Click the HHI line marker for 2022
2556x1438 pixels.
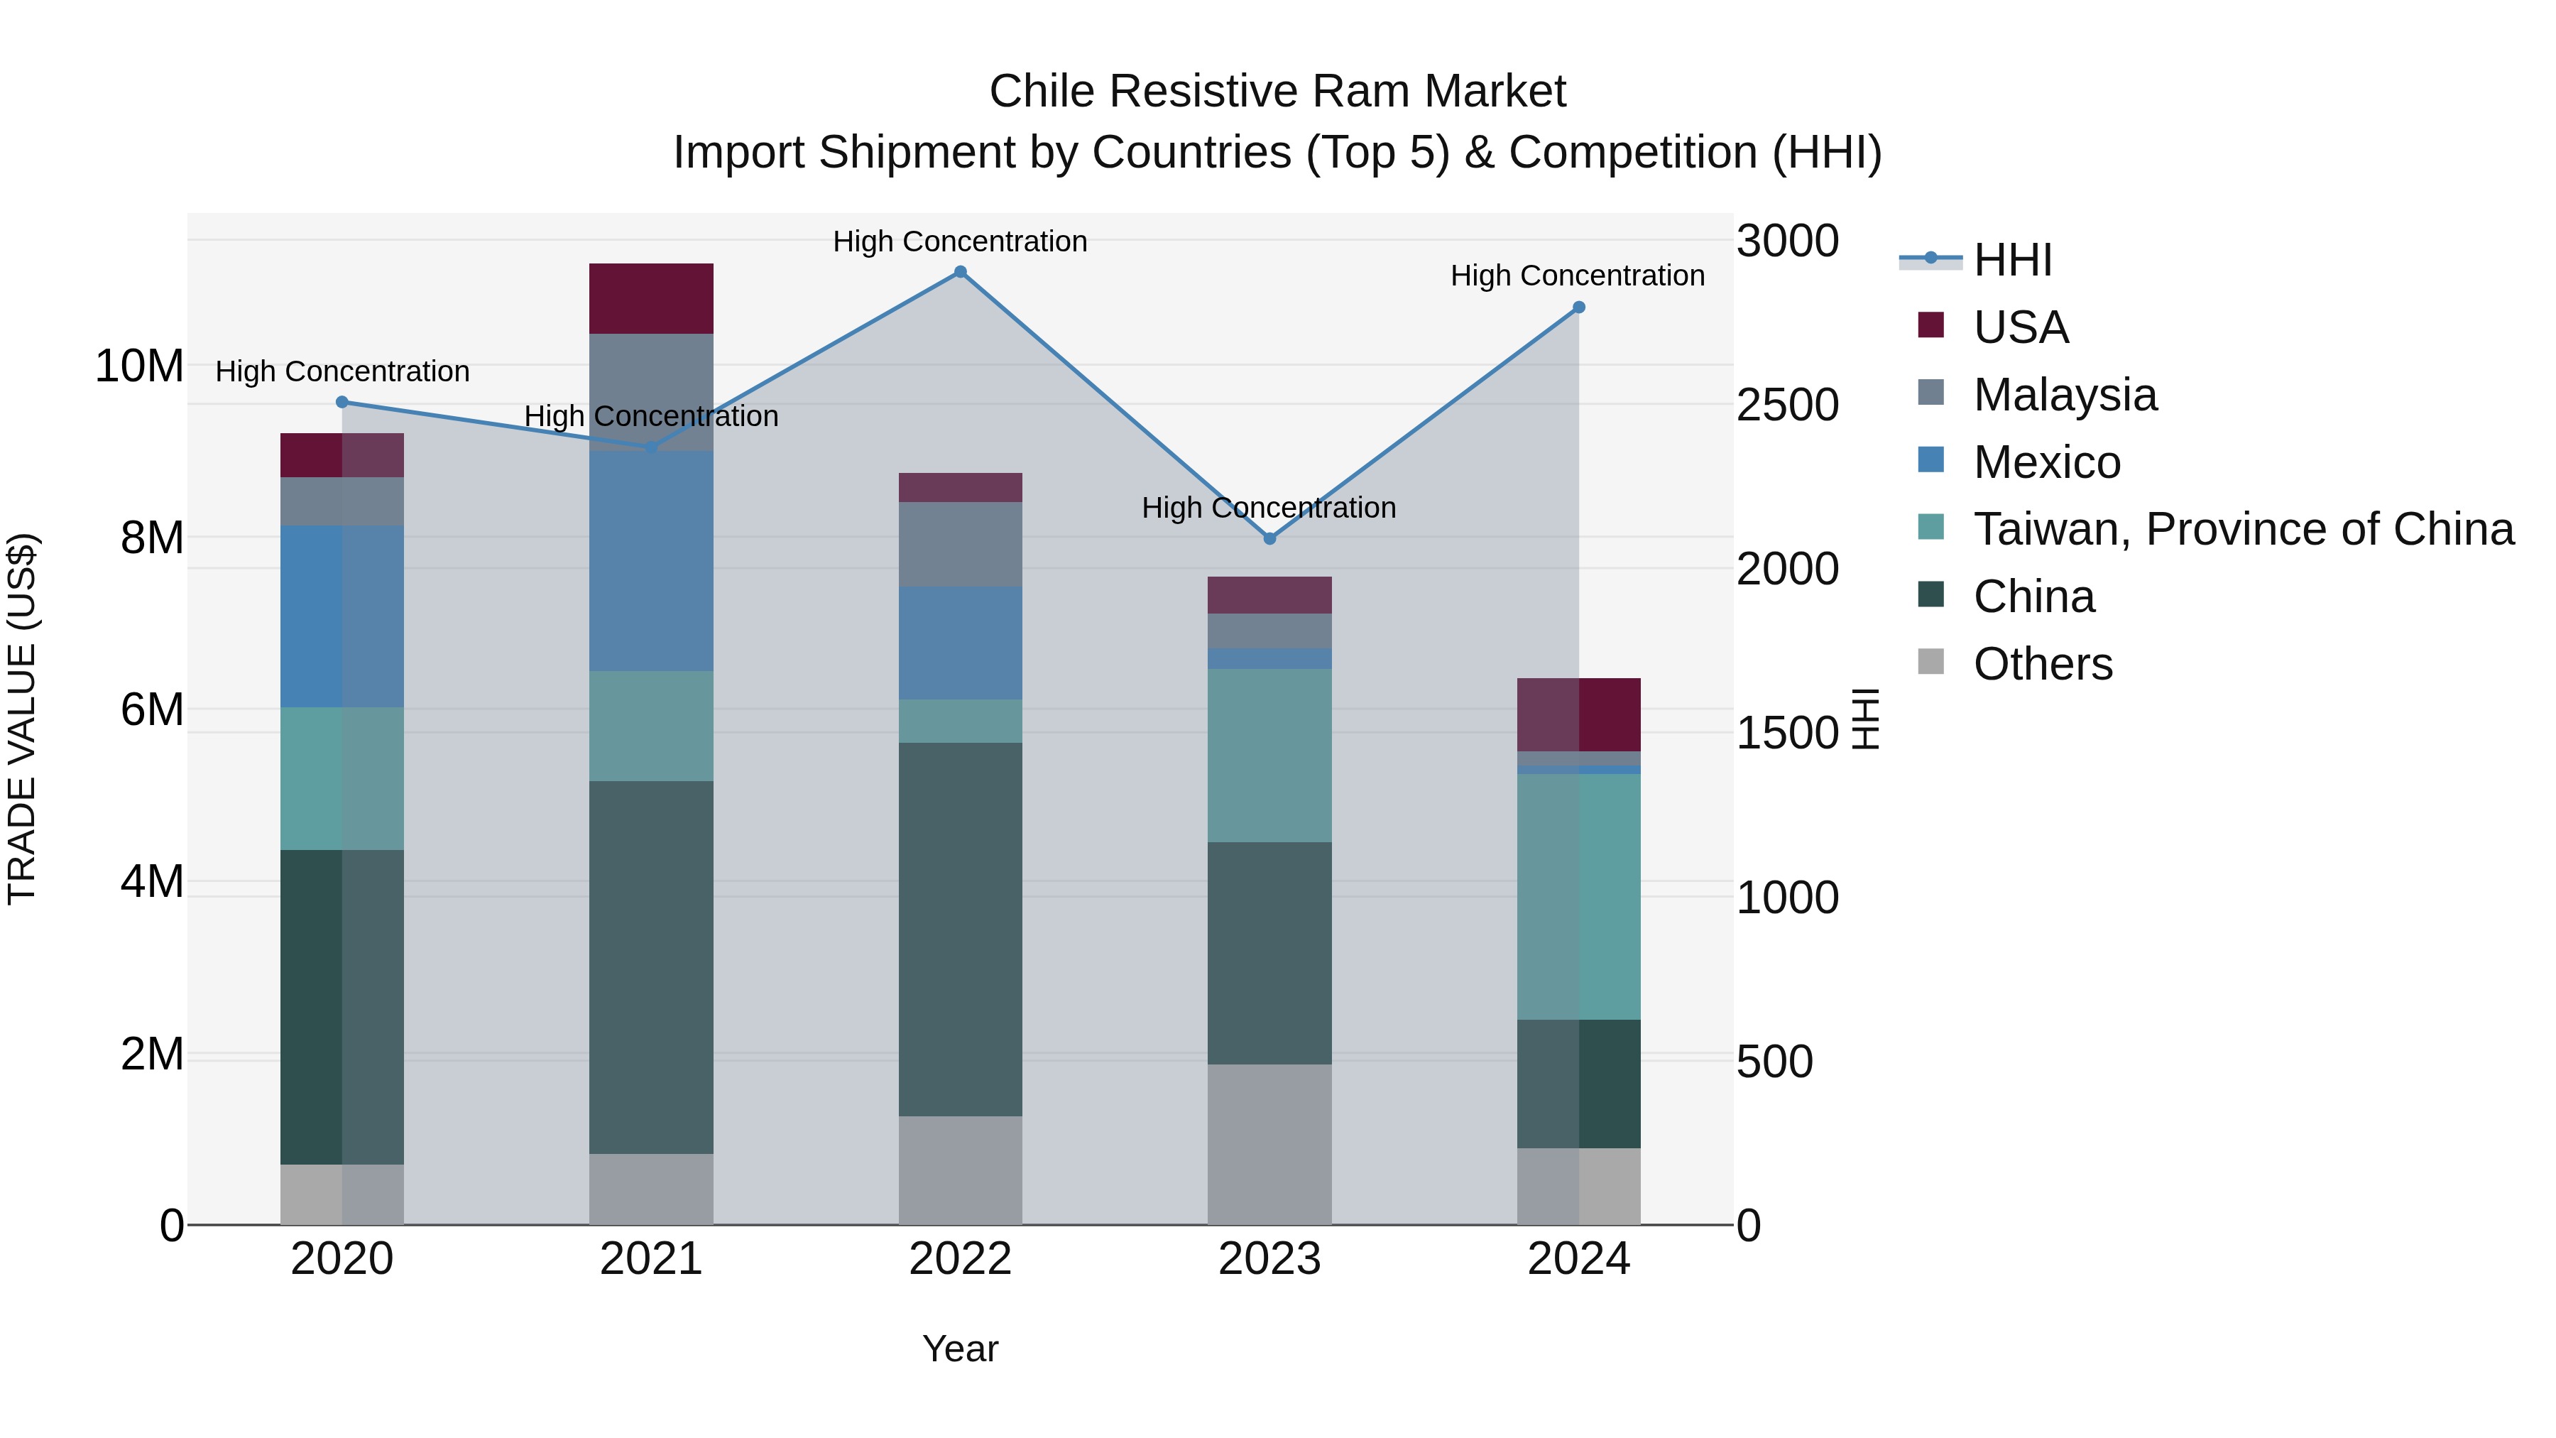959,272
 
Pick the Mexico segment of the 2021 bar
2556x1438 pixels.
651,561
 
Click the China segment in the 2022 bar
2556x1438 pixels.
959,929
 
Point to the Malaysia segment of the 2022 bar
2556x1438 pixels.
959,544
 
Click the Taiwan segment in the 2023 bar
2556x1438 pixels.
1269,756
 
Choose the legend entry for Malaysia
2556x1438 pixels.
2064,395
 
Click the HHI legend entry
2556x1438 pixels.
2011,260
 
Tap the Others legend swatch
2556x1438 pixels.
1930,661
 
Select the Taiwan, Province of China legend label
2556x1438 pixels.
2242,529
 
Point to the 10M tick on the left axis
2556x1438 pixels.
139,366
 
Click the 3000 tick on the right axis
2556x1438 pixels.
1787,241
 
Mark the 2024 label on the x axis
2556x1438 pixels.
1578,1259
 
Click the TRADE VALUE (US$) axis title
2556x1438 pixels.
22,719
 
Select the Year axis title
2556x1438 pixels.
959,1349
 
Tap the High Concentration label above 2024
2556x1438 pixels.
1577,276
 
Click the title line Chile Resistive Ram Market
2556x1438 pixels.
1277,92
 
